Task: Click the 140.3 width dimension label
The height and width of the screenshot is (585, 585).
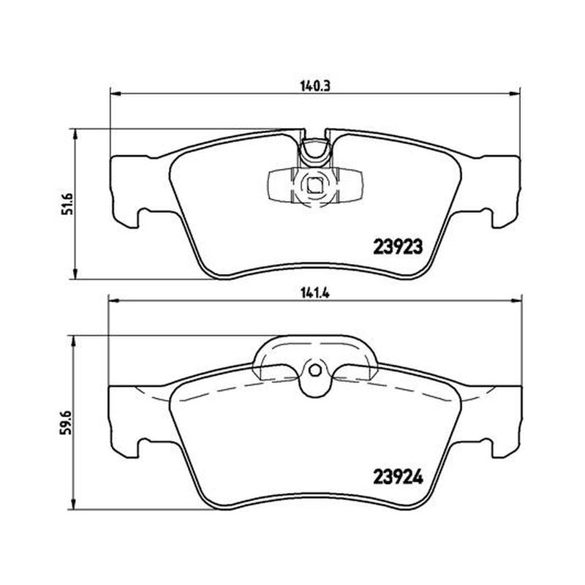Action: click(x=315, y=86)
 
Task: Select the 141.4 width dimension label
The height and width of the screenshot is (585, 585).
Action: click(x=315, y=293)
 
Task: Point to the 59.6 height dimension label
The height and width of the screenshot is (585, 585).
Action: click(x=65, y=423)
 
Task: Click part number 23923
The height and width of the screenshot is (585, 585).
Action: click(x=398, y=246)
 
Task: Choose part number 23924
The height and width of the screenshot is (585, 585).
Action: click(x=398, y=477)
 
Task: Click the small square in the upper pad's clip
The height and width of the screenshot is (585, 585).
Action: click(x=315, y=185)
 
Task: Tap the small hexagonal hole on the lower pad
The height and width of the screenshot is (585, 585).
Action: click(x=315, y=371)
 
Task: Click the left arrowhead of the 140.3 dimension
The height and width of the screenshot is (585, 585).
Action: click(x=116, y=94)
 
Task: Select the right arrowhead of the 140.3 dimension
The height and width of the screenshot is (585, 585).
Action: click(x=515, y=94)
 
